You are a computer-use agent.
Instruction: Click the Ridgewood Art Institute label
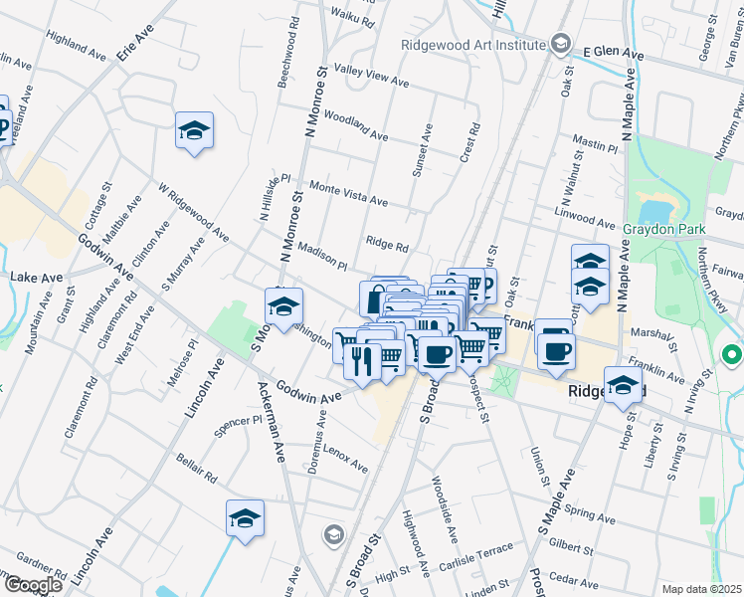click(x=471, y=45)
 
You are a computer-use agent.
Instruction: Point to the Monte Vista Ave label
click(x=348, y=193)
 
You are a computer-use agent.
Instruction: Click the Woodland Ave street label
click(x=355, y=126)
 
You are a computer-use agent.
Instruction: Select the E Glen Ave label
click(x=613, y=52)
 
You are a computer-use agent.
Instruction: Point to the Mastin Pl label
click(x=596, y=145)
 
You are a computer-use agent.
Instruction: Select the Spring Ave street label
click(x=590, y=513)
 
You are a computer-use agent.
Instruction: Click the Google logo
click(x=33, y=584)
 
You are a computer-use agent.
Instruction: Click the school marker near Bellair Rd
click(x=245, y=518)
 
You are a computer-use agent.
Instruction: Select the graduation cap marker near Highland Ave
click(x=195, y=130)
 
